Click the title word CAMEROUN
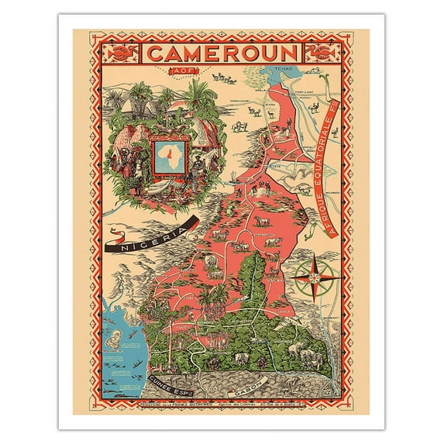(x=222, y=53)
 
